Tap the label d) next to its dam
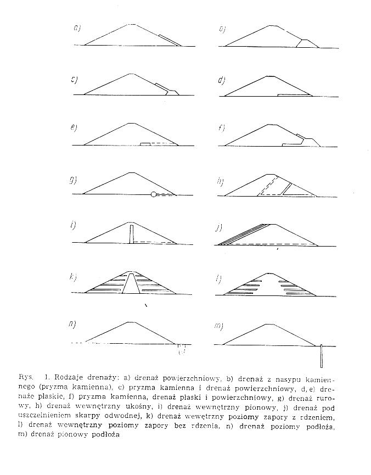(x=222, y=80)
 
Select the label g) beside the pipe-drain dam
(x=73, y=181)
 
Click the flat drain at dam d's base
(x=295, y=95)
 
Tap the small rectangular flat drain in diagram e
(x=145, y=143)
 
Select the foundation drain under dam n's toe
(x=183, y=349)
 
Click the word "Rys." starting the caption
(x=24, y=378)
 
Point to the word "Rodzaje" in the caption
(x=71, y=378)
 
